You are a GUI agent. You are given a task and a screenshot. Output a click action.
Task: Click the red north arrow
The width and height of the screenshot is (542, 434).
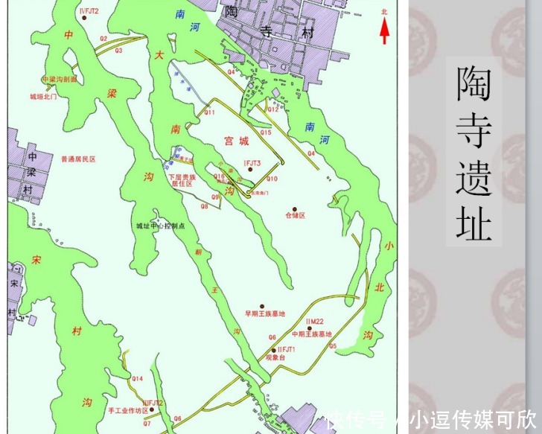point(384,30)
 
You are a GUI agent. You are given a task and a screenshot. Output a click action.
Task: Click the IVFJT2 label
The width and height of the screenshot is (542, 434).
point(88,10)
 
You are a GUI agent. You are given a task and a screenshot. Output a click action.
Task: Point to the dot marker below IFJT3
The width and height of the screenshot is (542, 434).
point(251,170)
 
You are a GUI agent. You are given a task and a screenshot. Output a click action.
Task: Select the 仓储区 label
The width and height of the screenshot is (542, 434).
point(295,215)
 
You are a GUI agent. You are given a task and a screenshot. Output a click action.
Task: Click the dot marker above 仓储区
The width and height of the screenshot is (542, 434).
point(295,208)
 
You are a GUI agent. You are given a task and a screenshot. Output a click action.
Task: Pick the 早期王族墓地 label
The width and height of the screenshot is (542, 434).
point(265,313)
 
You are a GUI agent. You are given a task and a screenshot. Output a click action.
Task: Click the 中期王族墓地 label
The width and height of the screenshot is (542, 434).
point(311,334)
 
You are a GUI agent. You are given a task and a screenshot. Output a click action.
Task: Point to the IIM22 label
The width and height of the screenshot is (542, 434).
point(314,322)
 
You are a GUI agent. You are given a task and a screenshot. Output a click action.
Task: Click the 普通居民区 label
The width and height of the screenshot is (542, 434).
point(78,159)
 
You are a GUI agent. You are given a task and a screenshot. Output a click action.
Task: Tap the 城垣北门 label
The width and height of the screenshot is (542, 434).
point(43,97)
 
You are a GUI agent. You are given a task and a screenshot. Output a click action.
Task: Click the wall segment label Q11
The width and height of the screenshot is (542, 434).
point(209,112)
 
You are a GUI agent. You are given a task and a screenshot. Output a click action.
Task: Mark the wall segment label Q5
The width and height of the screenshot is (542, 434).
point(333,346)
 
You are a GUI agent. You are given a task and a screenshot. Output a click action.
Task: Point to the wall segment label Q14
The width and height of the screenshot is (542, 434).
point(137,379)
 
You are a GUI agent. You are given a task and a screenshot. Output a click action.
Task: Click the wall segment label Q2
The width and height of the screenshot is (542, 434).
point(103,38)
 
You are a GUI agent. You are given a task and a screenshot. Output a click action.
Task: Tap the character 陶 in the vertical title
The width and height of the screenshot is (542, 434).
point(474,83)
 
